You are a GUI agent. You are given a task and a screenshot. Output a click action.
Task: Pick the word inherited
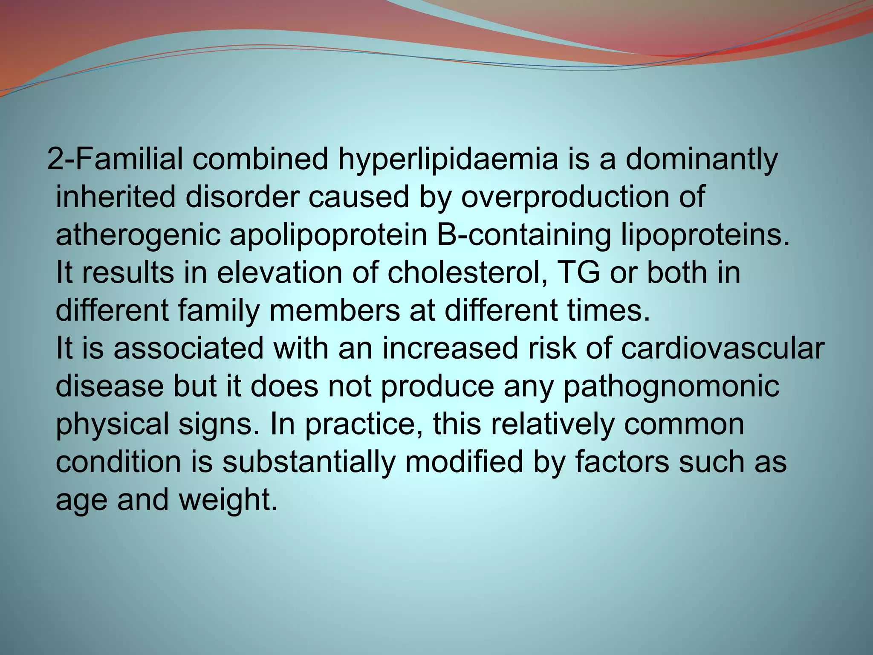[x=116, y=198]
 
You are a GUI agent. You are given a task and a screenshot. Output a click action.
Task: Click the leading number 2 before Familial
[x=55, y=159]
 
